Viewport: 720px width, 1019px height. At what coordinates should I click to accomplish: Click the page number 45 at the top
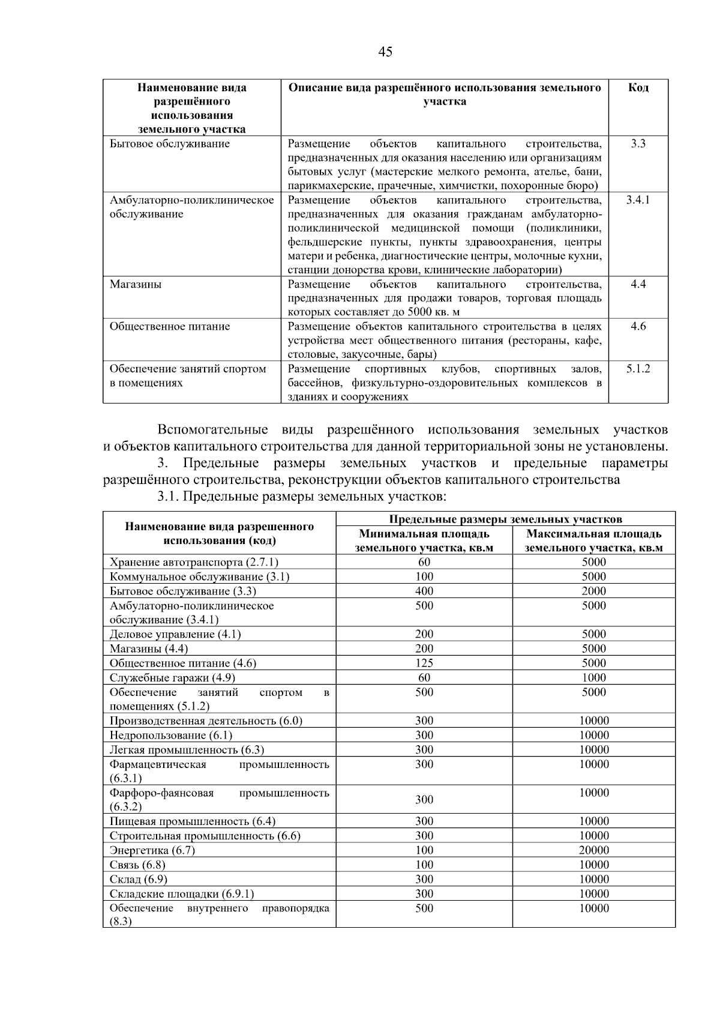[x=385, y=52]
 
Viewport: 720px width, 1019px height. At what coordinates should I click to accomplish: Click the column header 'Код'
[x=638, y=88]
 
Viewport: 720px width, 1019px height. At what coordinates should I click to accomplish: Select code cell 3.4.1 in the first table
[x=638, y=200]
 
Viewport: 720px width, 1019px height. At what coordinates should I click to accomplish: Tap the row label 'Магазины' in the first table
[x=136, y=284]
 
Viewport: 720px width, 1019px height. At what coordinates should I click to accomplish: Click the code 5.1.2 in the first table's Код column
[x=638, y=369]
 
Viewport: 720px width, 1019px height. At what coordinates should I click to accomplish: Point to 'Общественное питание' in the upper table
[x=170, y=327]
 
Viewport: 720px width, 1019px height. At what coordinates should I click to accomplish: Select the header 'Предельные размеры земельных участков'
[x=505, y=519]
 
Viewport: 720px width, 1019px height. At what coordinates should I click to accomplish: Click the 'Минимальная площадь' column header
[x=424, y=534]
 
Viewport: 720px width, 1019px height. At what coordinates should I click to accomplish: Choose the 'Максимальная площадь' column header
[x=593, y=534]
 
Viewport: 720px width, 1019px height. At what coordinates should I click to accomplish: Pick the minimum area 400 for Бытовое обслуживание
[x=424, y=591]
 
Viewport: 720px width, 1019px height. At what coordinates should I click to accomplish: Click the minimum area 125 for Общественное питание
[x=424, y=663]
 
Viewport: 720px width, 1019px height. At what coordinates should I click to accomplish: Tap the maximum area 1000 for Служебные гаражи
[x=593, y=677]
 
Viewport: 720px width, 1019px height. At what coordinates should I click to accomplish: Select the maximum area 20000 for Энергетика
[x=593, y=850]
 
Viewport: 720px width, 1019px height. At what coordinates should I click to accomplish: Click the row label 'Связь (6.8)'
[x=137, y=865]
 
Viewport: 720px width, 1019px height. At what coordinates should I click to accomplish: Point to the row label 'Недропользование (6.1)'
[x=171, y=735]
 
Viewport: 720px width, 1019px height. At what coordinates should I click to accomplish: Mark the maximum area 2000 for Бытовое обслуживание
[x=593, y=591]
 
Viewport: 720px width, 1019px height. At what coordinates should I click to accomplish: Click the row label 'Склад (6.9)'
[x=138, y=879]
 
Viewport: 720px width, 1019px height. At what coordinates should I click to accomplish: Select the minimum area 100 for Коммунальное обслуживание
[x=424, y=576]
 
